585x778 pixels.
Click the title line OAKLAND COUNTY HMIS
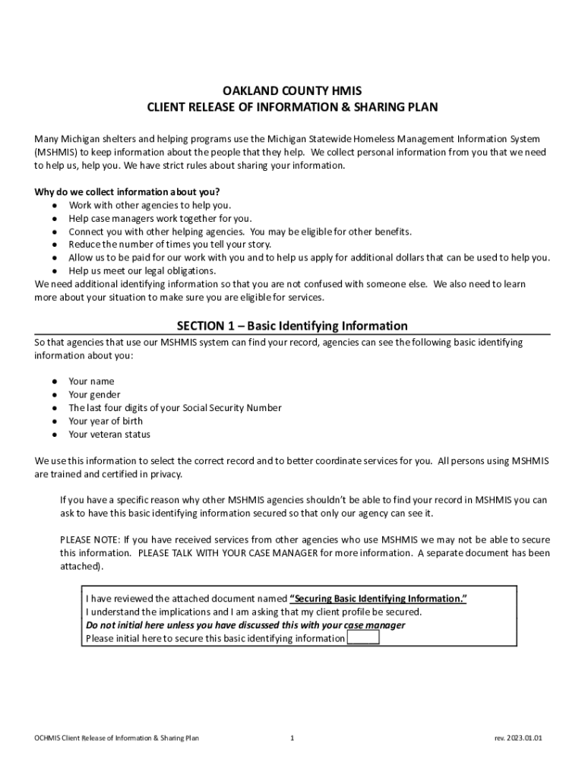point(292,91)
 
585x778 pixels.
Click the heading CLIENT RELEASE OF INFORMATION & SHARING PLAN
point(292,107)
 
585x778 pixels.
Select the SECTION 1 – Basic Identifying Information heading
point(292,326)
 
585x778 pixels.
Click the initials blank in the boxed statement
point(362,638)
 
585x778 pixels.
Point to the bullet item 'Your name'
point(91,381)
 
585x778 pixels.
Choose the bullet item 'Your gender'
point(94,394)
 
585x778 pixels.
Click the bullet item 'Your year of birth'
point(106,421)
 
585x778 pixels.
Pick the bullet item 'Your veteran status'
point(109,435)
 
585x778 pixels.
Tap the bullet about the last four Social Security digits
point(175,408)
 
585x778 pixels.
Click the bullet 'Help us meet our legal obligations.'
point(143,270)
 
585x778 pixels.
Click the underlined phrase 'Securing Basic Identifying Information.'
point(378,599)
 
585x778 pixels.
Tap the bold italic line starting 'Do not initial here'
point(245,625)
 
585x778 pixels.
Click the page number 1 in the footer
point(292,738)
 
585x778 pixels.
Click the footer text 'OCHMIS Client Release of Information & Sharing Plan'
point(112,738)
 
